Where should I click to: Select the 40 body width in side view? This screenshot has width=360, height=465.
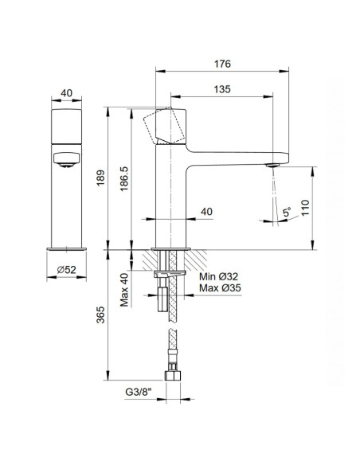(x=206, y=212)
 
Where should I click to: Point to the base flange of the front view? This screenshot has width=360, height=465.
(x=66, y=248)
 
